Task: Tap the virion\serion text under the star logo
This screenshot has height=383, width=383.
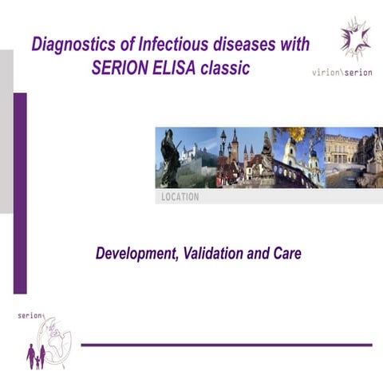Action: coord(342,72)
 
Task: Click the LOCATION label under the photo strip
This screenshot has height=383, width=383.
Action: coord(180,197)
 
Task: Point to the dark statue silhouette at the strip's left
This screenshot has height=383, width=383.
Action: coord(169,156)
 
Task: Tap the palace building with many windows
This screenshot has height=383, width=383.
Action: coord(342,152)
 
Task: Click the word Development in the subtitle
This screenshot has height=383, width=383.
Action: coord(135,255)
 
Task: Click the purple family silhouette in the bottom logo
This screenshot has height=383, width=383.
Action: coord(35,357)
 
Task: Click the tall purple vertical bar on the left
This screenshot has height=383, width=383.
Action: coord(20,191)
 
